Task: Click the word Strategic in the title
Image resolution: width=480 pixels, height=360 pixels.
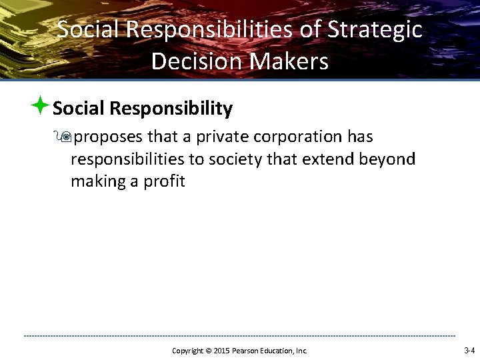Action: [375, 30]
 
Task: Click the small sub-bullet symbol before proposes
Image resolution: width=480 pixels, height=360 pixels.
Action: [65, 137]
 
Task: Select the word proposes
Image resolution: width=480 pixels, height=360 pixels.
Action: [109, 137]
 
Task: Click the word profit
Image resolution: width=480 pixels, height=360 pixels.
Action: [164, 181]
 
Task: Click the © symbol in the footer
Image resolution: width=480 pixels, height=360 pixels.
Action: [208, 351]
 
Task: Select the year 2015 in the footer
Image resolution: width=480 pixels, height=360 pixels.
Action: [220, 351]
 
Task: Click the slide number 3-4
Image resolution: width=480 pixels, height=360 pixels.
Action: [469, 350]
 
